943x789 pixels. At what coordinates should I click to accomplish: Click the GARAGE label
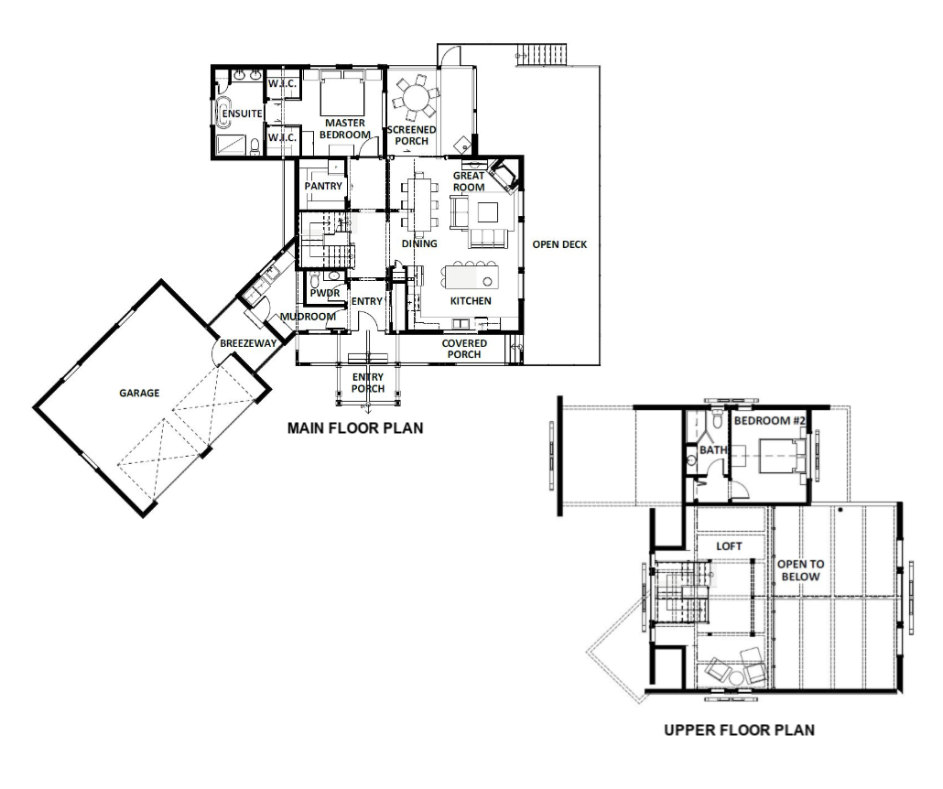coord(139,393)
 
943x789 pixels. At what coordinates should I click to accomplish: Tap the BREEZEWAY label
coord(248,343)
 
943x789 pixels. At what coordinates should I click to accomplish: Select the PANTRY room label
coord(323,186)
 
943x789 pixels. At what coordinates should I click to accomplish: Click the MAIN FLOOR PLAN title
coord(355,427)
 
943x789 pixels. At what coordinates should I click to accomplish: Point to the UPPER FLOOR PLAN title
coord(739,730)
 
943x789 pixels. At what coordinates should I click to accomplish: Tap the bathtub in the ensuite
coord(222,112)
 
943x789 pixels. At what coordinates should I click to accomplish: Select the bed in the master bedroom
coord(342,91)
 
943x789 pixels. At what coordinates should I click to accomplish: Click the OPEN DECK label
coord(559,244)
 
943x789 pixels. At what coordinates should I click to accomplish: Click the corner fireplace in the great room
coord(504,175)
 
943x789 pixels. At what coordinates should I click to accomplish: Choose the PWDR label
coord(325,293)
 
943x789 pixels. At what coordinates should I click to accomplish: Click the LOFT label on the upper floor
coord(729,546)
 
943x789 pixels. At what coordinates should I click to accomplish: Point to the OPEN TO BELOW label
coord(800,570)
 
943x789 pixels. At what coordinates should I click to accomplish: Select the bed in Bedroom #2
coord(781,456)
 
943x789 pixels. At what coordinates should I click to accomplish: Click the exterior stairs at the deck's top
coord(542,55)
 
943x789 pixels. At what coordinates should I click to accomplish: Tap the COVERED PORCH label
coord(464,349)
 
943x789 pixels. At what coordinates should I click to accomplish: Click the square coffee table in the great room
coord(488,212)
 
